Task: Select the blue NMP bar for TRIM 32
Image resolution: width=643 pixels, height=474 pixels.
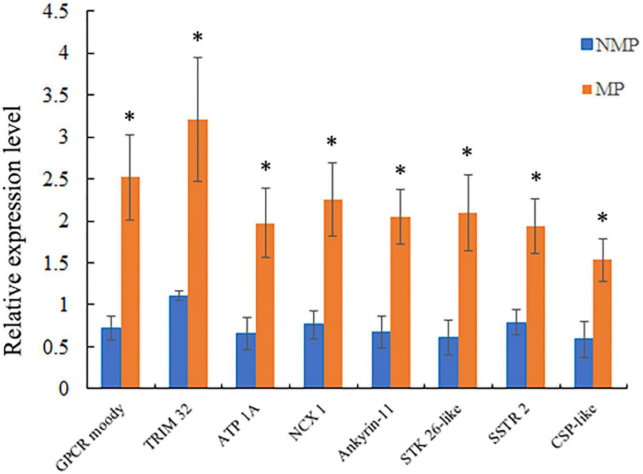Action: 179,342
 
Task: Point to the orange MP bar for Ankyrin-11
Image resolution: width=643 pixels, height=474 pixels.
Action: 401,303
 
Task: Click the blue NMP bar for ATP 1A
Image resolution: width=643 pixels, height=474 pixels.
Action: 246,361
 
